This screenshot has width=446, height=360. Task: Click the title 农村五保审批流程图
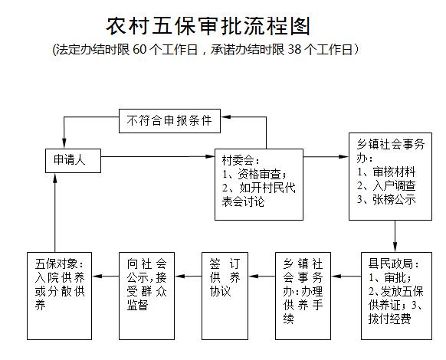(x=208, y=26)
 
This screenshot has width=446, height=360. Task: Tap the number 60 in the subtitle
(x=139, y=50)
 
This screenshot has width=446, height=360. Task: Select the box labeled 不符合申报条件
(x=169, y=121)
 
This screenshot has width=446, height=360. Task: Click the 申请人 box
(x=73, y=161)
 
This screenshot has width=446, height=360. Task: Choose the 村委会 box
(x=259, y=185)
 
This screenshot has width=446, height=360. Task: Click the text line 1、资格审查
(x=254, y=174)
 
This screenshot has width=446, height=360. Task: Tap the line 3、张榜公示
(x=386, y=199)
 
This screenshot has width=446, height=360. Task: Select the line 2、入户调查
(x=386, y=185)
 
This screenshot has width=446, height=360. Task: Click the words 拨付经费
(x=390, y=319)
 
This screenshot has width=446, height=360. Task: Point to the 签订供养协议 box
(x=225, y=296)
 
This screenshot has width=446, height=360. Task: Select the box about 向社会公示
(x=146, y=296)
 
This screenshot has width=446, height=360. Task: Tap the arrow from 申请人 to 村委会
(x=158, y=156)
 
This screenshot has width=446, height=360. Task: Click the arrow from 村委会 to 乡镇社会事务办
(x=326, y=156)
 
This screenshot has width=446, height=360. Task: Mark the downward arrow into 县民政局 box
(x=395, y=236)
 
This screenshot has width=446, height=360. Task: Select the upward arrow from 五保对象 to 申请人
(x=55, y=212)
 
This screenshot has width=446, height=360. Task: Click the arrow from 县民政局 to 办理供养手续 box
(x=346, y=276)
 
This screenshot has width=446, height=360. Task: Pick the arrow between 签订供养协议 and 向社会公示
(x=188, y=276)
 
